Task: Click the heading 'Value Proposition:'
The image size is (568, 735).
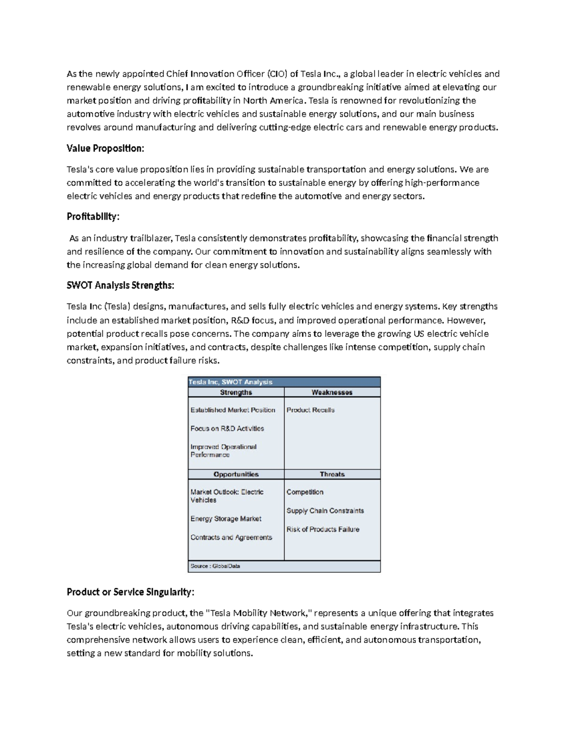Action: [x=105, y=149]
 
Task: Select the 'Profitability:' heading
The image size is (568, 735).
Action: [x=93, y=217]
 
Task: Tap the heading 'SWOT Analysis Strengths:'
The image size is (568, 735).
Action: [x=120, y=285]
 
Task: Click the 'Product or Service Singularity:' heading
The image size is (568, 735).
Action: [x=130, y=592]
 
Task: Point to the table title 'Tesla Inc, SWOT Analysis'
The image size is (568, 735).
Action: [x=231, y=382]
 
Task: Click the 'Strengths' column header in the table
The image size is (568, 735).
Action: [x=236, y=392]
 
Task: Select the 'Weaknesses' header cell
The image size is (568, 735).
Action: [x=332, y=392]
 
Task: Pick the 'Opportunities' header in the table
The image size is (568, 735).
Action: [x=236, y=474]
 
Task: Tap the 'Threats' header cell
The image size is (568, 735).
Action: [x=332, y=474]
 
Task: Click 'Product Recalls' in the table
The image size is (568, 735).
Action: [x=310, y=410]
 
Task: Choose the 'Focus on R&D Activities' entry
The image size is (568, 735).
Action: [x=227, y=429]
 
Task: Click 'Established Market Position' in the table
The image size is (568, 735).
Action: [x=232, y=410]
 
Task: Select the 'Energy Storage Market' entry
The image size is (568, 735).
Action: [x=226, y=519]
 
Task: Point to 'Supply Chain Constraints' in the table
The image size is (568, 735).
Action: [x=325, y=511]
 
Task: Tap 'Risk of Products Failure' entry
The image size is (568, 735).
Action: [x=322, y=530]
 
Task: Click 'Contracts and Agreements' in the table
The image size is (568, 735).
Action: [x=231, y=538]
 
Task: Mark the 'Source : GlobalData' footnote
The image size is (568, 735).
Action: [x=215, y=566]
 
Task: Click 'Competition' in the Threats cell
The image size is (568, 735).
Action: [x=304, y=492]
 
